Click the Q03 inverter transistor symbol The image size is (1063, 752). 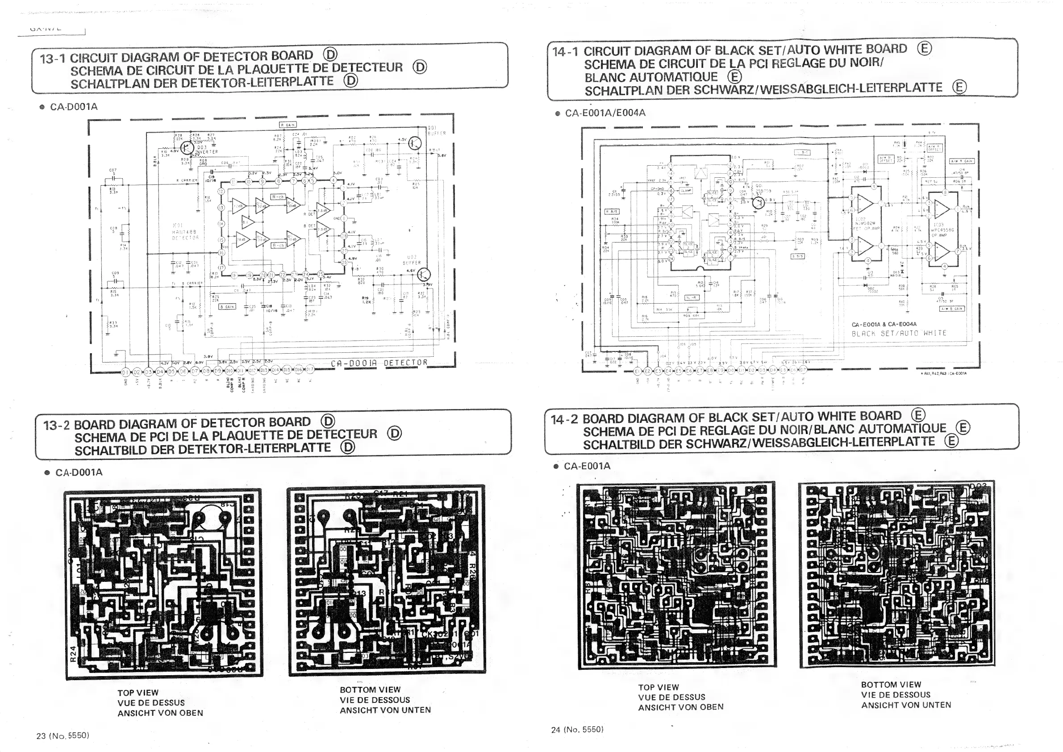tap(188, 148)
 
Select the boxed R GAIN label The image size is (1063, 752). tap(288, 125)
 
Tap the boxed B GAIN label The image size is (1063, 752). tap(227, 306)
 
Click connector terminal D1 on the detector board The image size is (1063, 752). tap(125, 372)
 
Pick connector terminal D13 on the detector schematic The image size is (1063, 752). tap(264, 370)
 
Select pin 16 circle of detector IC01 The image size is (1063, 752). tap(222, 253)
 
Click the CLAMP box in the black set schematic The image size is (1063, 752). tap(686, 190)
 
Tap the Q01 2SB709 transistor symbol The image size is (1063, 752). tap(759, 202)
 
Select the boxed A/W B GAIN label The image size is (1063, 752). tap(951, 309)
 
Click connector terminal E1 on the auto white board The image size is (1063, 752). tap(637, 371)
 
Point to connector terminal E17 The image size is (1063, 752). tap(803, 370)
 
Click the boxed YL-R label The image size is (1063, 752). tap(692, 298)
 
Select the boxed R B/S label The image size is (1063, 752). tap(613, 212)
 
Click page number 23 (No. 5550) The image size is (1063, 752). tap(63, 735)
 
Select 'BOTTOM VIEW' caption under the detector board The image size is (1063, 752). tap(370, 689)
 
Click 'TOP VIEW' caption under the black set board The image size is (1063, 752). tap(658, 687)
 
